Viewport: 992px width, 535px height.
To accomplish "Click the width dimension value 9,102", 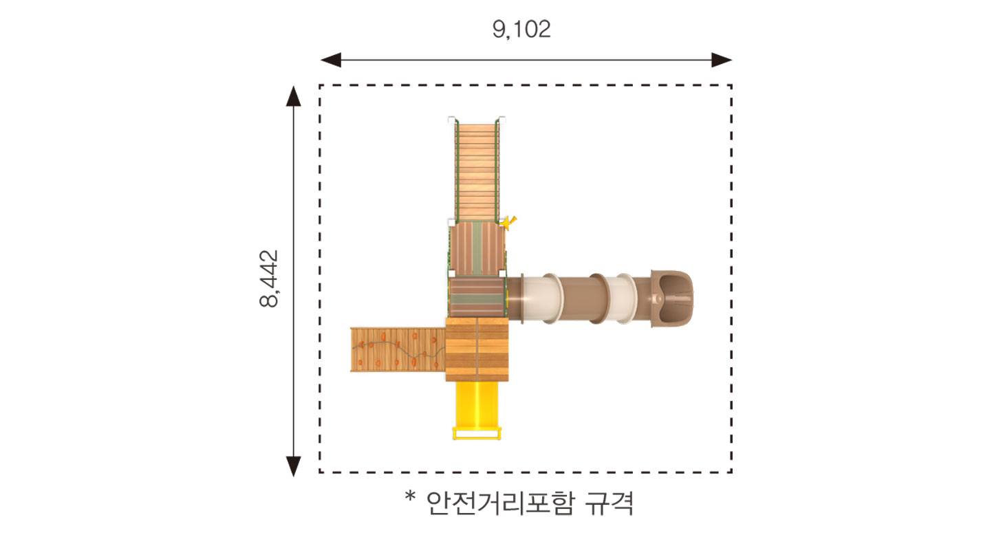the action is tap(521, 30).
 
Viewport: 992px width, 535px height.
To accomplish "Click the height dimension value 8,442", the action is tap(269, 279).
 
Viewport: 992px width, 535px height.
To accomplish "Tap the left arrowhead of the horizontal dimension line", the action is tap(330, 60).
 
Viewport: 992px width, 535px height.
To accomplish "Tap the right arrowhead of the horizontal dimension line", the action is tap(722, 60).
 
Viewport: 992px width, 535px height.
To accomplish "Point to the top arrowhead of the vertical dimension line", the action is tap(293, 96).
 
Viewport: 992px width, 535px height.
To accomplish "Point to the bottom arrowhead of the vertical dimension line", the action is tap(293, 466).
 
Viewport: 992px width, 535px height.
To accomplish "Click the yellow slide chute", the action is tap(477, 404).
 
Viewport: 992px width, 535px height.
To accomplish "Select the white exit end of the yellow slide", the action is tap(477, 433).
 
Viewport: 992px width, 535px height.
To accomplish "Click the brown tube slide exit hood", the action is tap(672, 298).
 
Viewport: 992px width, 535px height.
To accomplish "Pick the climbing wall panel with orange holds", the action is tap(398, 349).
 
